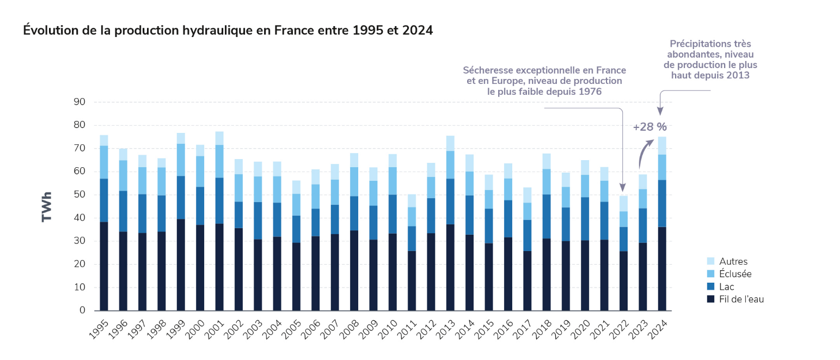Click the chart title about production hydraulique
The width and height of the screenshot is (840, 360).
(228, 30)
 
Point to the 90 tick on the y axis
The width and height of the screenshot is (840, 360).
(79, 102)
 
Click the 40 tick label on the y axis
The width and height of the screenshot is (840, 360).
(79, 218)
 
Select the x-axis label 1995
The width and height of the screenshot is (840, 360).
(98, 328)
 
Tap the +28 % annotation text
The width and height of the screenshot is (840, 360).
(649, 127)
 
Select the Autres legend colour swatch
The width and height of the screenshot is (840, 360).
(710, 261)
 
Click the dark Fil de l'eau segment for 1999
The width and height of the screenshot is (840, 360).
(181, 265)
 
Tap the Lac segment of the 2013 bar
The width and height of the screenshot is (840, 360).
(450, 202)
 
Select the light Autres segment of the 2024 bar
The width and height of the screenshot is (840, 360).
(662, 145)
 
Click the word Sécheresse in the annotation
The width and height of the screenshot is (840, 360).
(487, 70)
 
